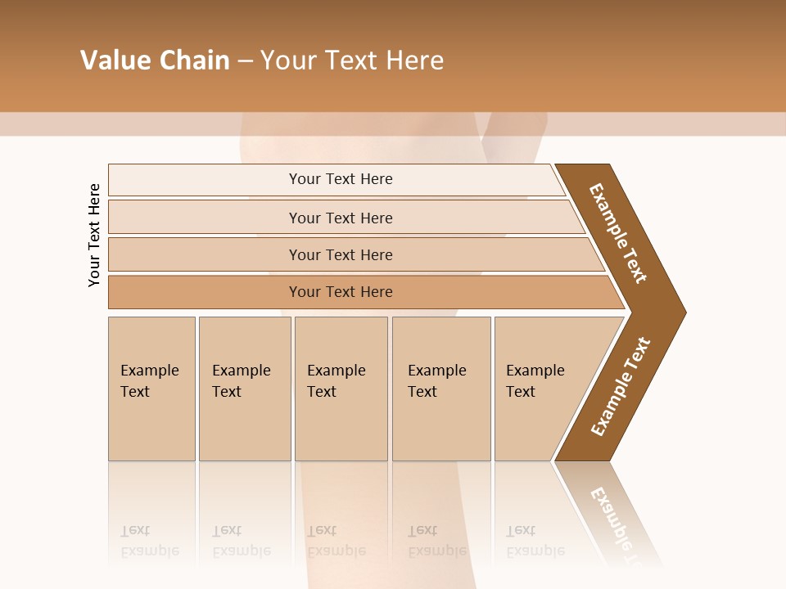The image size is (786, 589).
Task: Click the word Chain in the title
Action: pos(195,61)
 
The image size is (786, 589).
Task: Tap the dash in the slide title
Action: pos(245,61)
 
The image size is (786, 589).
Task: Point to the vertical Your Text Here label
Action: pos(94,235)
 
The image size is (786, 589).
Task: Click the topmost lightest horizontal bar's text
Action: pos(341,179)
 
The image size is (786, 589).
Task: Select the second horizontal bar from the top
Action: pos(341,218)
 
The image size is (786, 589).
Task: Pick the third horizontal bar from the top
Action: pos(341,254)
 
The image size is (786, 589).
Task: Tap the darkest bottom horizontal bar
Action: pos(341,292)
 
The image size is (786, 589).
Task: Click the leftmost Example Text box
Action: pos(151,381)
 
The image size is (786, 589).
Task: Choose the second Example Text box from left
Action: pos(243,381)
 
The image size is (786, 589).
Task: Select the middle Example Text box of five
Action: pos(340,381)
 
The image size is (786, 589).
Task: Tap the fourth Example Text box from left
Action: pos(440,381)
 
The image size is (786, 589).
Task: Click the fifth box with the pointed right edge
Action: pos(540,381)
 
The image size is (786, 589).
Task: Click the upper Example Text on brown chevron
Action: pos(618,233)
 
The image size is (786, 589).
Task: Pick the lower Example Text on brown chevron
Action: pos(620,387)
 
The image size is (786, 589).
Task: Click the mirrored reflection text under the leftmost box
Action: pos(150,541)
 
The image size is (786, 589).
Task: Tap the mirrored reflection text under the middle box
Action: pos(337,541)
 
